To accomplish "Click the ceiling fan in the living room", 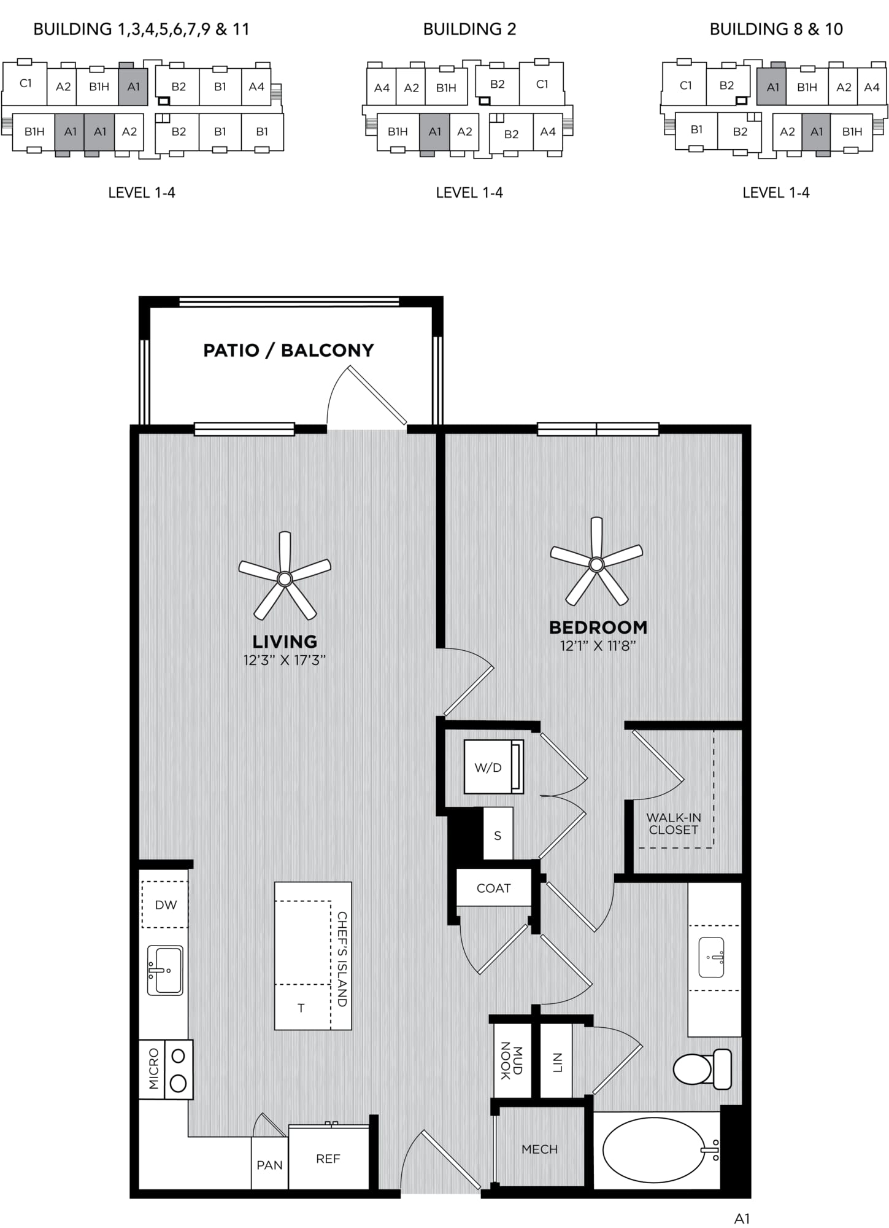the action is click(285, 578).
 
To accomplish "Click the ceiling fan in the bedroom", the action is click(596, 563).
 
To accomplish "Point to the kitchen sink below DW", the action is click(165, 970).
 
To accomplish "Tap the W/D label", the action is click(488, 767).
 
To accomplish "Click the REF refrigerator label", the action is click(328, 1159).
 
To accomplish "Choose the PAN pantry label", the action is click(269, 1165).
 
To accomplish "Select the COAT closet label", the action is click(494, 888).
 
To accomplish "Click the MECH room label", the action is click(540, 1149).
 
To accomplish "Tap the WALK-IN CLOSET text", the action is click(674, 824).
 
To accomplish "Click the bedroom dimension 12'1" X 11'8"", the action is click(598, 646).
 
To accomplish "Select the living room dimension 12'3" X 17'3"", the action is click(285, 660).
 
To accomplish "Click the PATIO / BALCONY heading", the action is click(288, 351).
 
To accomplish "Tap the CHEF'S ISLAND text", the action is click(342, 959).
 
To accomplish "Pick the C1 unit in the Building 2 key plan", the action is click(542, 84).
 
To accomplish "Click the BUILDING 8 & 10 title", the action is click(776, 29).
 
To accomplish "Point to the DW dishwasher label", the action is click(166, 905).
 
